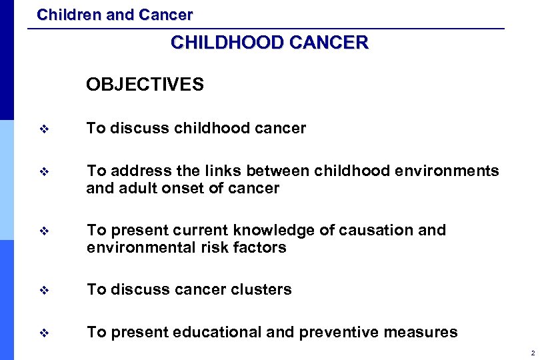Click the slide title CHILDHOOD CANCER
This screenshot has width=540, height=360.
click(269, 43)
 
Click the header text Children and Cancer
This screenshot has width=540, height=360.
click(115, 14)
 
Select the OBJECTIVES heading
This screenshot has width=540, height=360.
click(145, 85)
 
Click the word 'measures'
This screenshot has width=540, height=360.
click(425, 332)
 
